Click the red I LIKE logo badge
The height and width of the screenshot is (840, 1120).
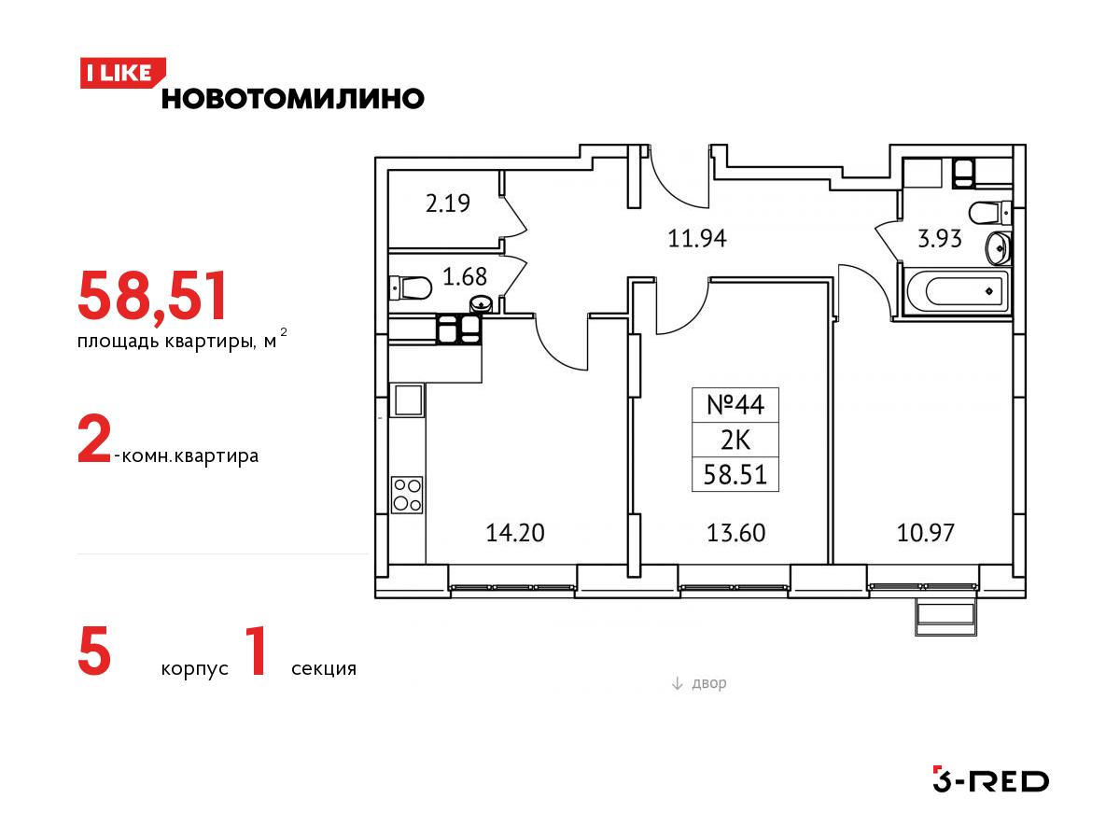[122, 73]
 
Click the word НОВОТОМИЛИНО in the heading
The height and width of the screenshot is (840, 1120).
[293, 98]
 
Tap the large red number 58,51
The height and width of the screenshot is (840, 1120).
[152, 296]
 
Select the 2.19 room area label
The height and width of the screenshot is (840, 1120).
[447, 203]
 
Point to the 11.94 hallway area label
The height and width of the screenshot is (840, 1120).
[697, 238]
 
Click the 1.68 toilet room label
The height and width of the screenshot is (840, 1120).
[464, 276]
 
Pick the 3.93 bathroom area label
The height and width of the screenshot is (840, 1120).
[939, 239]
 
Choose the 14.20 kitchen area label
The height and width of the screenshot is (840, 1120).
[515, 533]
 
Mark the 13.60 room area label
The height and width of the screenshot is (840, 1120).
[735, 533]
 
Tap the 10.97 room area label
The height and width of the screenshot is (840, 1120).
[926, 533]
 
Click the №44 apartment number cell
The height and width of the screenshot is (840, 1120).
[735, 405]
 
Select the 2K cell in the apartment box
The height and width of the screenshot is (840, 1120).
[735, 440]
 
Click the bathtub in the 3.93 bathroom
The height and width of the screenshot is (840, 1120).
[958, 292]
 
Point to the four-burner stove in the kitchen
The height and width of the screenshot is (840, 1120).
[407, 495]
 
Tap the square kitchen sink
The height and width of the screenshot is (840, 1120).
[408, 401]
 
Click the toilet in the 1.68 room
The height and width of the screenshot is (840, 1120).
[411, 288]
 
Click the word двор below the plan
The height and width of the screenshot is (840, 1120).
[708, 683]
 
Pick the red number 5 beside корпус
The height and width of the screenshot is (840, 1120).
[94, 651]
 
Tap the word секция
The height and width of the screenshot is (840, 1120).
[324, 668]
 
